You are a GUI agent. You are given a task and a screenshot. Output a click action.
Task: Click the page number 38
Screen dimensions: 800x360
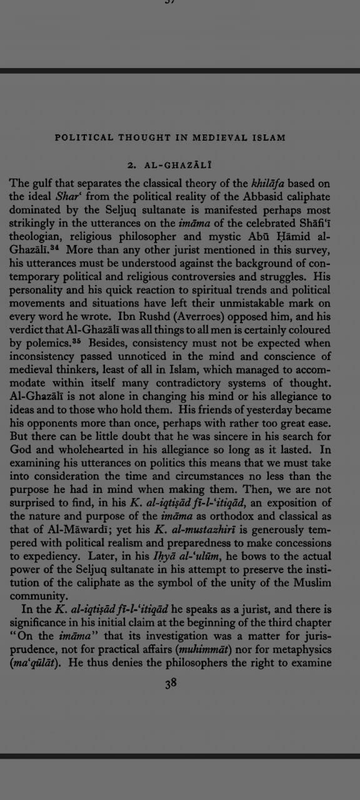(x=171, y=683)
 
